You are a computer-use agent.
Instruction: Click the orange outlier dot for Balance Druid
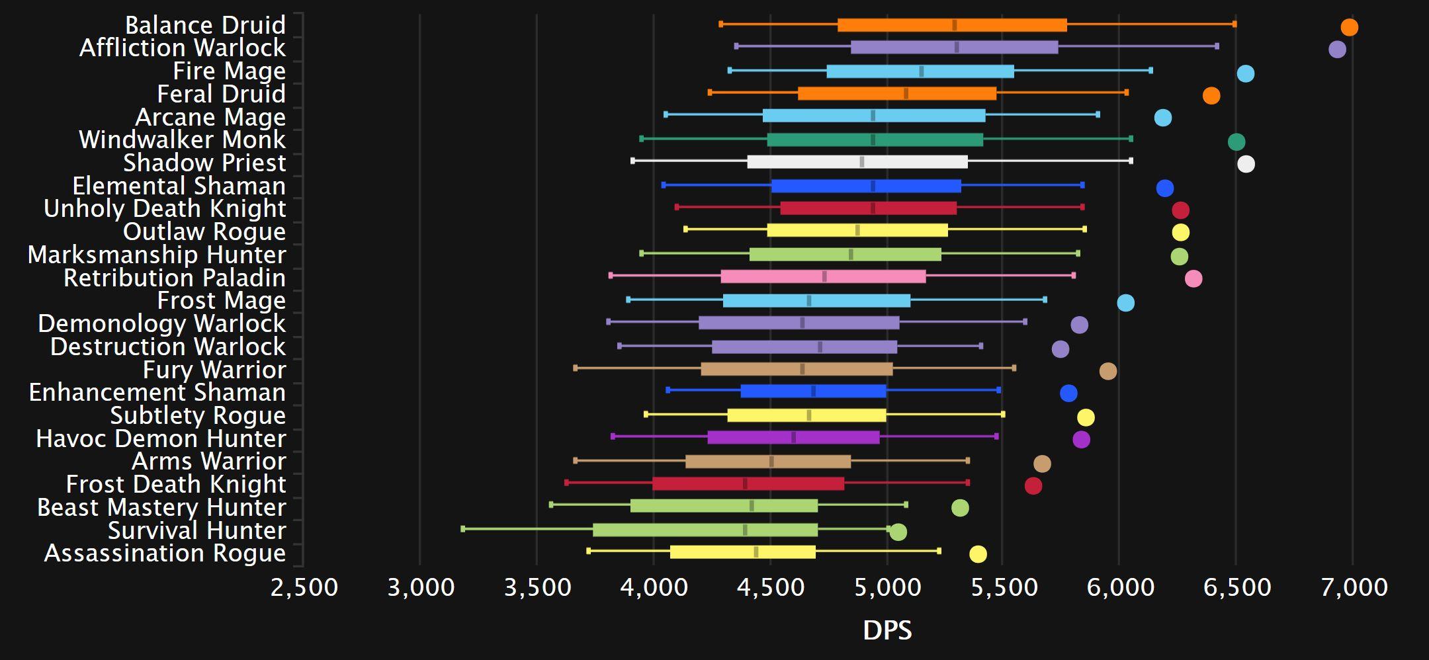[1349, 27]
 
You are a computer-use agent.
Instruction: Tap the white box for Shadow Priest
[857, 162]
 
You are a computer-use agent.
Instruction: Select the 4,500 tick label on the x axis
[771, 587]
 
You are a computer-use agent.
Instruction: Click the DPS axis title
[887, 631]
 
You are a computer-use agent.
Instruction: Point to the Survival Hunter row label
[196, 530]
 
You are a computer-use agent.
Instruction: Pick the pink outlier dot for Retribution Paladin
[1193, 278]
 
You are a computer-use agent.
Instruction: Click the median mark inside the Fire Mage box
[921, 71]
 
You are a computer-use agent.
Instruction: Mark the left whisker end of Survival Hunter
[462, 529]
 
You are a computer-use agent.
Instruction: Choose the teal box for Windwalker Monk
[875, 140]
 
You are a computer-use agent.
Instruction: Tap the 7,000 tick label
[1354, 587]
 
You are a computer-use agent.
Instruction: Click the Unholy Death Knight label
[165, 208]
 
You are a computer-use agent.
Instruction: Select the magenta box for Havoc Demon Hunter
[793, 437]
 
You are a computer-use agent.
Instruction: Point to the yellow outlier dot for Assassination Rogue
[978, 554]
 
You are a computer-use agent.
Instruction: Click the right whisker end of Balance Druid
[1234, 24]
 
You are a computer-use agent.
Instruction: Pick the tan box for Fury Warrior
[797, 369]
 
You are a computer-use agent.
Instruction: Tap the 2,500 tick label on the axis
[304, 587]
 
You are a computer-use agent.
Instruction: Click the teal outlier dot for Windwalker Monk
[1236, 142]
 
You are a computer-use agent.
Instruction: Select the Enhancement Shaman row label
[157, 392]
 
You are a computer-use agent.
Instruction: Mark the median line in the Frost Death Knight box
[745, 483]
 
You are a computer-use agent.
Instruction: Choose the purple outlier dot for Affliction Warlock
[1337, 49]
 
